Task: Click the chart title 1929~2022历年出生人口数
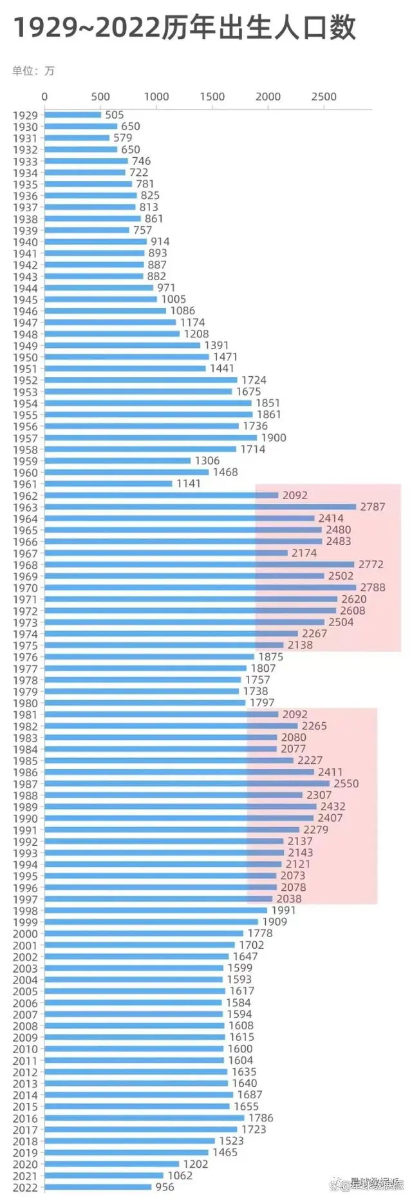pos(184,28)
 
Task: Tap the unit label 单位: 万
pos(33,71)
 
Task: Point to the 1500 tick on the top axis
pos(212,97)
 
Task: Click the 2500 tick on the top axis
pos(324,97)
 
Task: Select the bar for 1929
pos(73,115)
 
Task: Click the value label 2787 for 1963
pos(372,507)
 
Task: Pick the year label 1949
pos(25,346)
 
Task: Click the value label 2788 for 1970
pos(372,587)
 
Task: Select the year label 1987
pos(25,784)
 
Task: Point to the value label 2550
pos(346,783)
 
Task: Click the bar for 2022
pos(98,1187)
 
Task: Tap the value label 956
pos(164,1187)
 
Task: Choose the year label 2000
pos(25,934)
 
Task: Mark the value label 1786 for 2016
pos(261,1118)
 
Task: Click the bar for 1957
pos(151,438)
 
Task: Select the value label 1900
pos(273,437)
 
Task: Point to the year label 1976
pos(25,657)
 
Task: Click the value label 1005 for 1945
pos(173,300)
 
